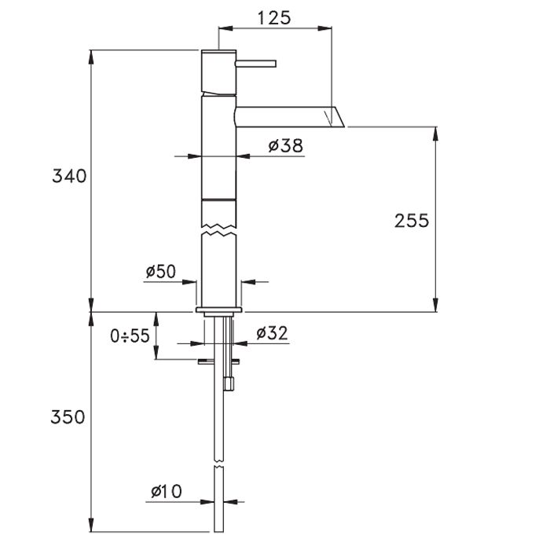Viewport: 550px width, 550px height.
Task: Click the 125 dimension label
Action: [274, 18]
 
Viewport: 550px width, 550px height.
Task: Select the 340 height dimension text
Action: [69, 176]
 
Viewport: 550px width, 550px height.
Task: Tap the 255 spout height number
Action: [412, 221]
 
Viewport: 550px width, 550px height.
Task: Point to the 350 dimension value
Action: [68, 417]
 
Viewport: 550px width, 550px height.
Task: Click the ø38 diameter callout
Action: [285, 145]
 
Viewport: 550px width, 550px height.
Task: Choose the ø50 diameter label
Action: [160, 271]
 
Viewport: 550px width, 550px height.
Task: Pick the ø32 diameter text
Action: [272, 333]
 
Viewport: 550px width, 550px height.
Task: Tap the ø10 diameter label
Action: [167, 491]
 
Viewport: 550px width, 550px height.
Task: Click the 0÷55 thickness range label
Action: [130, 335]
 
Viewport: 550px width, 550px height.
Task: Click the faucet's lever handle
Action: [255, 64]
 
